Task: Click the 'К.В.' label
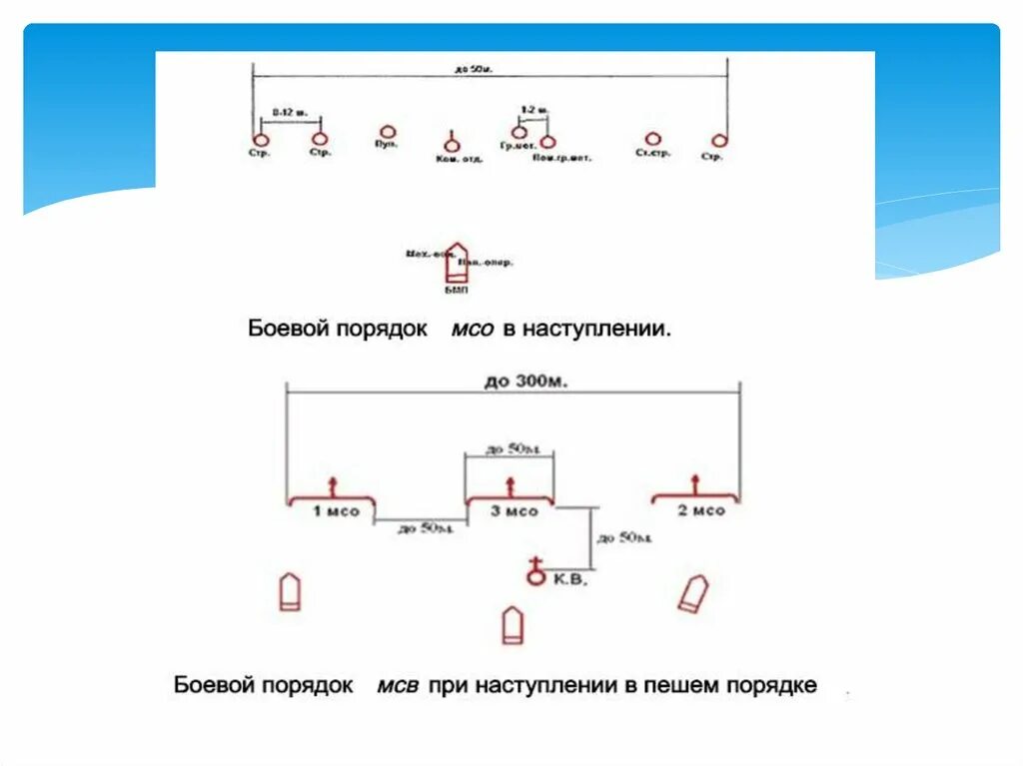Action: pos(572,578)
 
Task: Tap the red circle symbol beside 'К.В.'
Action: pos(535,576)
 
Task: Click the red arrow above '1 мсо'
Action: pos(332,486)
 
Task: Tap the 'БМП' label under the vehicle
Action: pos(455,291)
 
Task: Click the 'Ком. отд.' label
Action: pos(460,159)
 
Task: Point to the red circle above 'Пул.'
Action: pos(388,132)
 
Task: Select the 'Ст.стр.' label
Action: pos(652,153)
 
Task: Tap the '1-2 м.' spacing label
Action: pos(533,108)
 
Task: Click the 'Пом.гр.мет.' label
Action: pos(561,158)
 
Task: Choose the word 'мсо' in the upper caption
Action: pos(473,329)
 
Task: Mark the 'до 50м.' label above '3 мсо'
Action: pos(510,448)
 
